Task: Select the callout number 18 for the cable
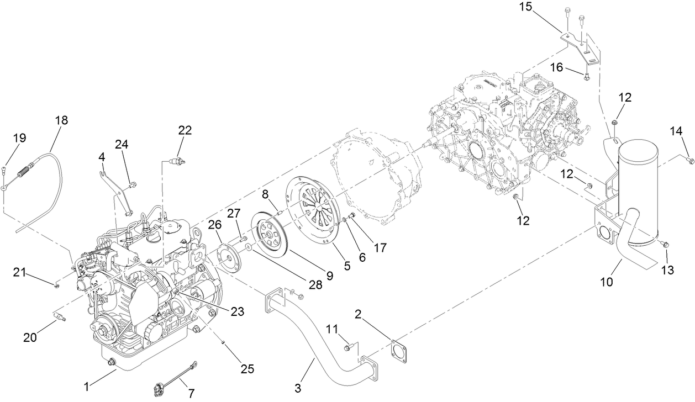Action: (x=61, y=120)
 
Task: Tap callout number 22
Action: (x=185, y=130)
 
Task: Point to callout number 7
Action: (x=191, y=394)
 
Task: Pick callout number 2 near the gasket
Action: (x=358, y=315)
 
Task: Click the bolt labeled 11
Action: (x=348, y=347)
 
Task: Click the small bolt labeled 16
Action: (x=587, y=76)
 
